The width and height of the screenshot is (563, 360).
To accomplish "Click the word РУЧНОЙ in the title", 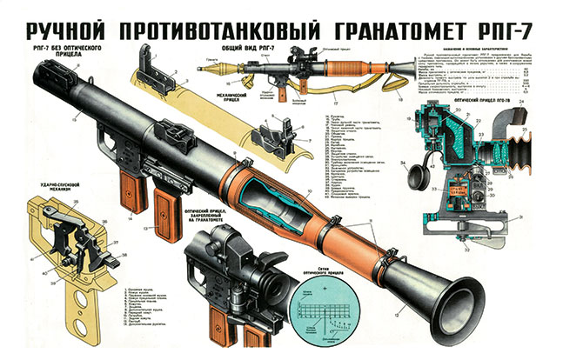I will coord(65,18).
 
